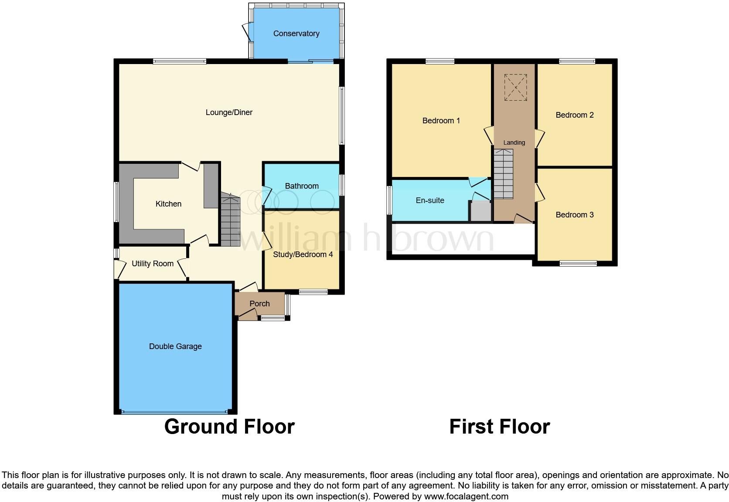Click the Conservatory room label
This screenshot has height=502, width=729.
pyautogui.click(x=296, y=34)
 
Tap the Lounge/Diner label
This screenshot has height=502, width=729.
pyautogui.click(x=229, y=112)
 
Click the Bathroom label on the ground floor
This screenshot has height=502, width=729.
pyautogui.click(x=302, y=186)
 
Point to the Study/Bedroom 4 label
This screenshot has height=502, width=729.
pyautogui.click(x=303, y=254)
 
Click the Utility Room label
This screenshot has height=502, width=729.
pyautogui.click(x=153, y=264)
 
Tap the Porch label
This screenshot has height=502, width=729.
pyautogui.click(x=259, y=304)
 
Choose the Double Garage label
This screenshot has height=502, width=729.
pyautogui.click(x=175, y=346)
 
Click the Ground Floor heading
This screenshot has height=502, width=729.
pyautogui.click(x=229, y=427)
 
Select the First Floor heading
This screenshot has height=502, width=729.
pyautogui.click(x=499, y=427)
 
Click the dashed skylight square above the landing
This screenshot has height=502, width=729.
pyautogui.click(x=515, y=87)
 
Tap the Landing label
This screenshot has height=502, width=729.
pyautogui.click(x=514, y=142)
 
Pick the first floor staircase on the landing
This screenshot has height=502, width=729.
pyautogui.click(x=503, y=173)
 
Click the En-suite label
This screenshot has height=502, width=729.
pyautogui.click(x=430, y=200)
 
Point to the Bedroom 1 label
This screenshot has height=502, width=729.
pyautogui.click(x=441, y=121)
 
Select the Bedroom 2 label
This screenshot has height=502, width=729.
pyautogui.click(x=574, y=115)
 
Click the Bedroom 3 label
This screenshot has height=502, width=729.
pyautogui.click(x=574, y=215)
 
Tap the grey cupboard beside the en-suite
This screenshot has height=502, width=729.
pyautogui.click(x=480, y=211)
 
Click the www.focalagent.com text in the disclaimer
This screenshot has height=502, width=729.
pyautogui.click(x=466, y=496)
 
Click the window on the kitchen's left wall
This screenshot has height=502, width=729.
pyautogui.click(x=116, y=202)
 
